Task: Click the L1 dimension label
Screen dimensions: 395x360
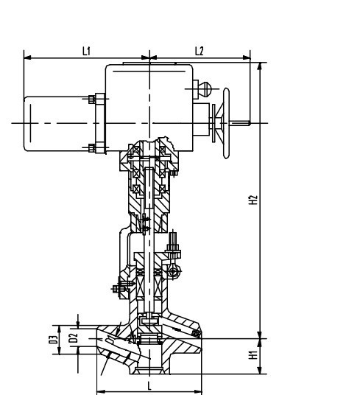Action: pos(85,50)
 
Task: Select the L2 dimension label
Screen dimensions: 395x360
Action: pos(199,50)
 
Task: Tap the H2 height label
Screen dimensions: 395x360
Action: pos(252,200)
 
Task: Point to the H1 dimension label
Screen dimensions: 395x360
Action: pos(252,355)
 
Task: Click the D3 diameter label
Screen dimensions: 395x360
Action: pos(54,339)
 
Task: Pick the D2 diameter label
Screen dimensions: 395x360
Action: pos(73,339)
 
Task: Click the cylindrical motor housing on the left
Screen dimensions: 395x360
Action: pos(55,124)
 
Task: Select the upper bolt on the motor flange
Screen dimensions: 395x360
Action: pos(92,100)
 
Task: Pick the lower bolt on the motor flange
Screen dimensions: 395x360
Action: pos(92,147)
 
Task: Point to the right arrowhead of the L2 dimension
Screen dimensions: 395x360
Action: pos(248,57)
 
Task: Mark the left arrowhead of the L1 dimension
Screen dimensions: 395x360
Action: pos(27,57)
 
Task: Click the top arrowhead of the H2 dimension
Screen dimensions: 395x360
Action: pos(260,65)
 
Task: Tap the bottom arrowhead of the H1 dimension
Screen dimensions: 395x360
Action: pos(260,371)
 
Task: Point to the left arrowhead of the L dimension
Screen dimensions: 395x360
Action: pos(99,391)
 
